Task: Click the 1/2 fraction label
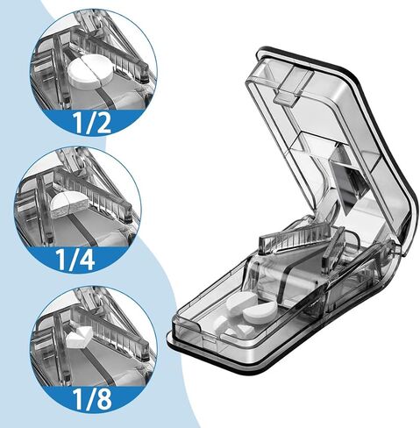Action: pos(92,123)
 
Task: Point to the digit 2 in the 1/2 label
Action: pos(102,123)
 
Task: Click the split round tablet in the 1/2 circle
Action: pos(90,74)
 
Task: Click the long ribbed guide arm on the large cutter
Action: pos(295,239)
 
